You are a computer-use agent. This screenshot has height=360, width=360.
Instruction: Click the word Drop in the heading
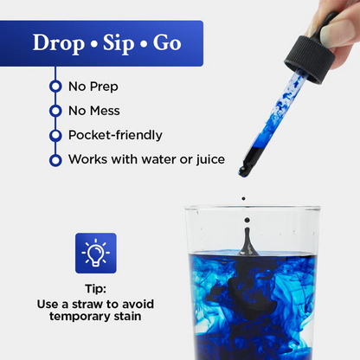click(60, 42)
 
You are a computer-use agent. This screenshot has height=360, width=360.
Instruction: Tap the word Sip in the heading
click(119, 42)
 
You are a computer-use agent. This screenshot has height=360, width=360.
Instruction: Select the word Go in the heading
click(168, 42)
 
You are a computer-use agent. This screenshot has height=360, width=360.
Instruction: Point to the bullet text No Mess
click(93, 111)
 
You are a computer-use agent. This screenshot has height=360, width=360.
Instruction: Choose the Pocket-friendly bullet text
click(114, 135)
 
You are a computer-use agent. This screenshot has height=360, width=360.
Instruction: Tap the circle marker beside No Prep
click(55, 87)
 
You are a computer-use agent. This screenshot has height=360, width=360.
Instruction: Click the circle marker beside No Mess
click(55, 111)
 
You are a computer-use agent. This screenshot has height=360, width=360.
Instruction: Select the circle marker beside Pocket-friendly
click(55, 136)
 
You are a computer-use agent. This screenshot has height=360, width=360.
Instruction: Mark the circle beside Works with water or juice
click(55, 160)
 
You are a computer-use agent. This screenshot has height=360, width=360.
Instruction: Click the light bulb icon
click(95, 253)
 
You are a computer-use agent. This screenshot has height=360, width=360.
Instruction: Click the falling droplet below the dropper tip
click(243, 199)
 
